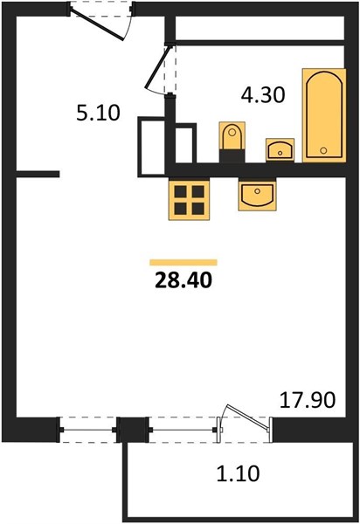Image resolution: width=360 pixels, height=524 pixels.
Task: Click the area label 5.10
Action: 98,113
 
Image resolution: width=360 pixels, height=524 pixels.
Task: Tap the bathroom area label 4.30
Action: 263,95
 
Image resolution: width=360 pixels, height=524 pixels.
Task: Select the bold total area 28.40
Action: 183,280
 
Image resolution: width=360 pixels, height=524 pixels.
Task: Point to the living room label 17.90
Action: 308,400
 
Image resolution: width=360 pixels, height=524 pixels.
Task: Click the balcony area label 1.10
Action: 238,473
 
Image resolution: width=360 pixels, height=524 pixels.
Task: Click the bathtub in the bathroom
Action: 324,115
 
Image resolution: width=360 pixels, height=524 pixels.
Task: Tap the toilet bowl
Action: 232,136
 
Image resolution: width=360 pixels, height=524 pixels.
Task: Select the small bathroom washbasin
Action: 280,149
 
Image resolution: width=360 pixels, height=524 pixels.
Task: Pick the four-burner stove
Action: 190,200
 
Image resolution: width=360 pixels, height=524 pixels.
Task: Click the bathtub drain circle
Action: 323,150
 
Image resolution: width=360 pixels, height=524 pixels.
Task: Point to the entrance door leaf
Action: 98,24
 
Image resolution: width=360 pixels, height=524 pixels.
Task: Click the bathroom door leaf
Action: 159,68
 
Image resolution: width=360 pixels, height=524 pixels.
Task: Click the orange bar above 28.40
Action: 183,262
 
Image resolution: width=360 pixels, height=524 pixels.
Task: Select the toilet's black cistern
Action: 232,156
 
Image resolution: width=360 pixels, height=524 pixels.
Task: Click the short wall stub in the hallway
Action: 38,174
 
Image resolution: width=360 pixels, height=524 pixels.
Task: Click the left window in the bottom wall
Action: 88,430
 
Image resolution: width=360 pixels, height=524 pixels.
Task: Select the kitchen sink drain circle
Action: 257,191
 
